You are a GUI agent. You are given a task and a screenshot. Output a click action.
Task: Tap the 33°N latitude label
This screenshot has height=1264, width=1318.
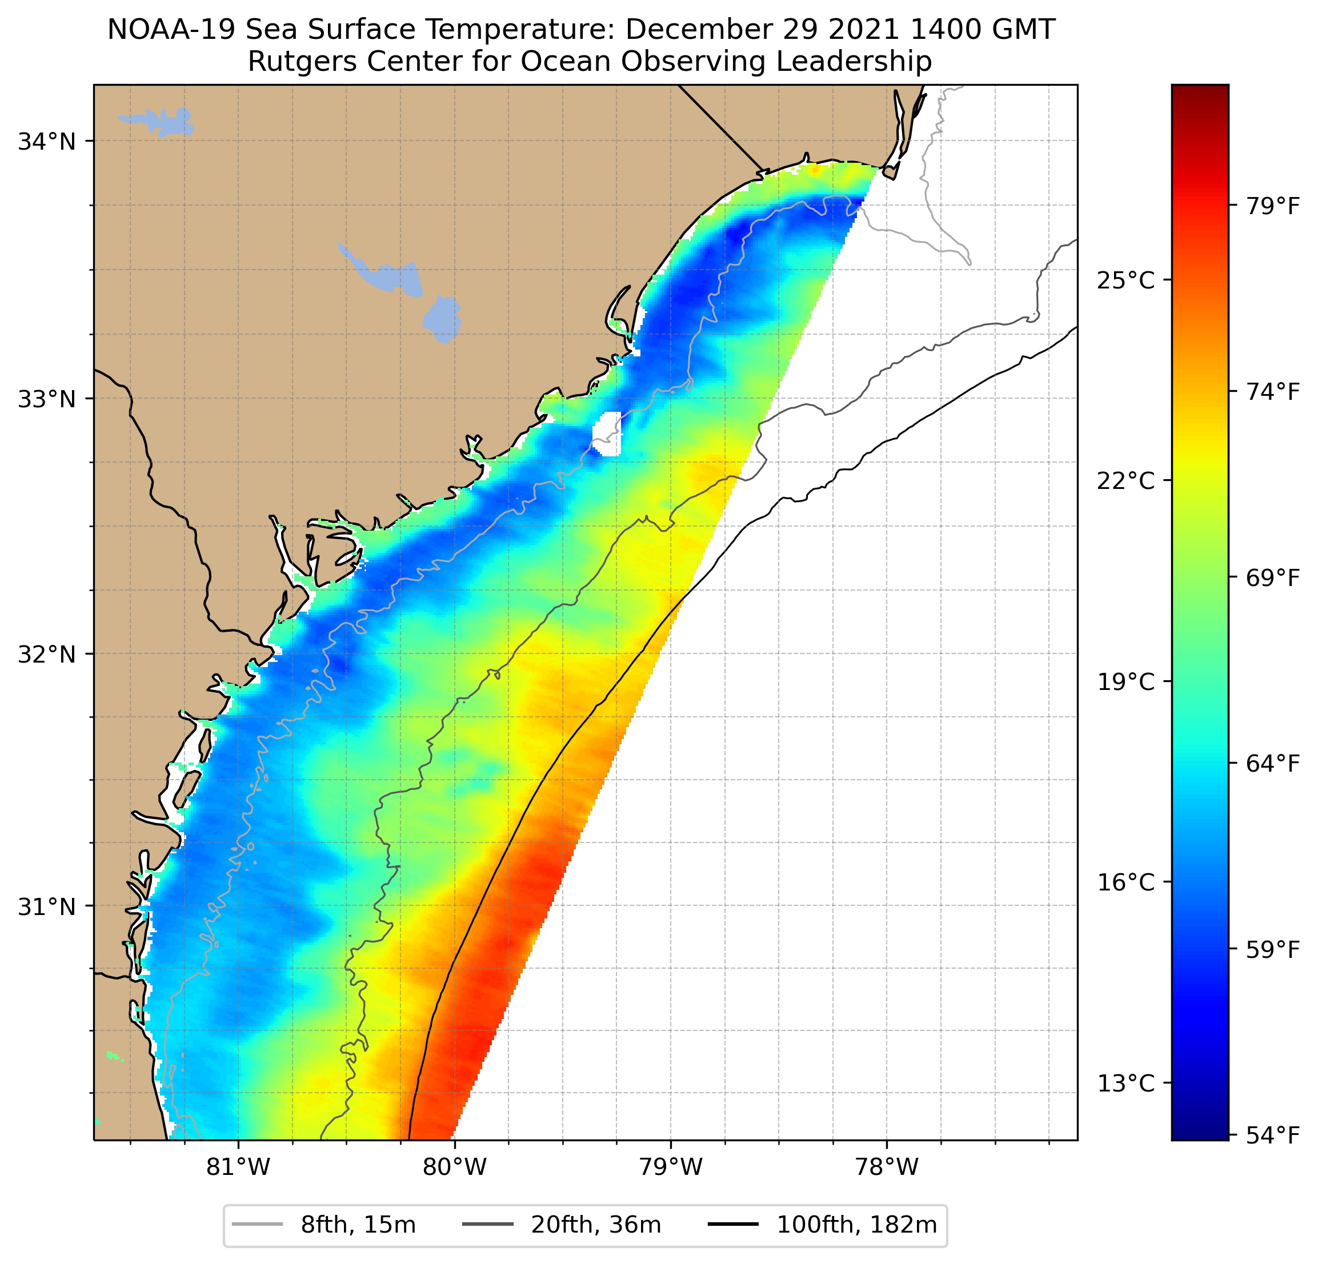(46, 399)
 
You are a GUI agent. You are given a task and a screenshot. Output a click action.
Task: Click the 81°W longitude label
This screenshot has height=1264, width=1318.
(238, 1167)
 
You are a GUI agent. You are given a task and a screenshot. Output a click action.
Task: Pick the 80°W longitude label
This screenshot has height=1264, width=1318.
(455, 1167)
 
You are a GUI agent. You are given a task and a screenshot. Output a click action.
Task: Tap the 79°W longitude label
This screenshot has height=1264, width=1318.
(671, 1167)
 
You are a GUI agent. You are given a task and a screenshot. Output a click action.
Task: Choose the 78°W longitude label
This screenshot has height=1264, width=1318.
(886, 1167)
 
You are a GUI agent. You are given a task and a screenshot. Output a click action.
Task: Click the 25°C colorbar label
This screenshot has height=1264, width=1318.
(1125, 280)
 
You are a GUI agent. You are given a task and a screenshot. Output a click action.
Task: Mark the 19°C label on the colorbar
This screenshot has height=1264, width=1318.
(1125, 682)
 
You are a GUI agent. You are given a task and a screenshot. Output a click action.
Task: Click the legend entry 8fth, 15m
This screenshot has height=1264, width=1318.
(358, 1225)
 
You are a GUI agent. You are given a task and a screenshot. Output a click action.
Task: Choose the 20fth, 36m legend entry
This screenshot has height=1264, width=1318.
(596, 1225)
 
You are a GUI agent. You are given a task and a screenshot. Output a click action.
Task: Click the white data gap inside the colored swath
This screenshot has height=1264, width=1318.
(607, 434)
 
